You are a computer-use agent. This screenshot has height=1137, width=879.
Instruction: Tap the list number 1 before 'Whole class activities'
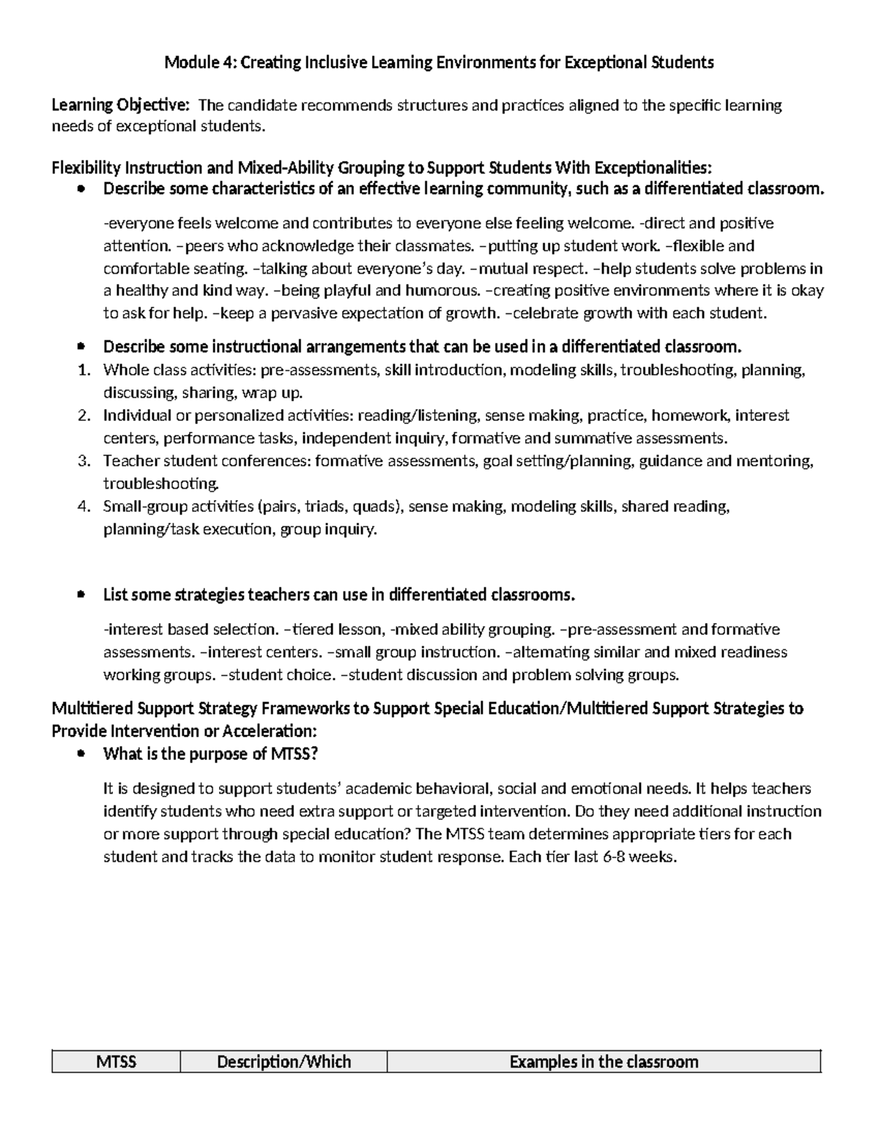[84, 370]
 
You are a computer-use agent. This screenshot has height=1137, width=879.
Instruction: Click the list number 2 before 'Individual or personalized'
[84, 416]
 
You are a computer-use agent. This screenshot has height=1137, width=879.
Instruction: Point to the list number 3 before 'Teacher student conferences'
[84, 461]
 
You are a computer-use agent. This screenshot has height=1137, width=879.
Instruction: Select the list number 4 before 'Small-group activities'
[84, 507]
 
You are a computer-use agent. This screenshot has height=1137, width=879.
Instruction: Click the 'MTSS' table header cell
[116, 1062]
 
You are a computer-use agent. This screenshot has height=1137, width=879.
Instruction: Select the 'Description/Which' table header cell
[283, 1062]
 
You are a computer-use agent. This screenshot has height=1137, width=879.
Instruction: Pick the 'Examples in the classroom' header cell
[604, 1062]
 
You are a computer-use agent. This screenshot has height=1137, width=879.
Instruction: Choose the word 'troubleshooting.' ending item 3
[161, 484]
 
